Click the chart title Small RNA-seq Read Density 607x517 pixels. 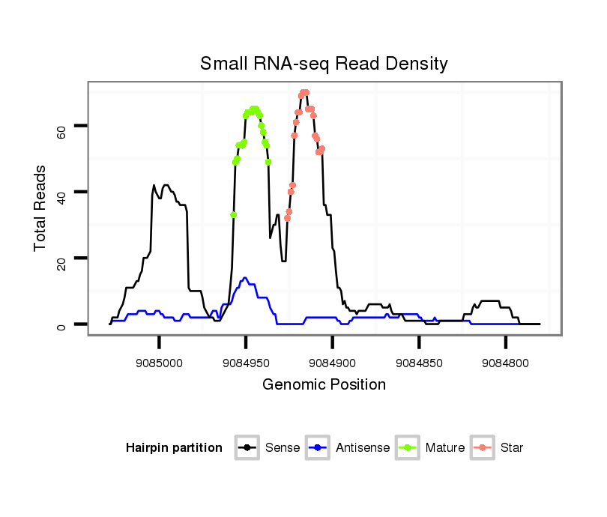point(324,64)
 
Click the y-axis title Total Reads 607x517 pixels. point(41,208)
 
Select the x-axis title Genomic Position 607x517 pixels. point(324,385)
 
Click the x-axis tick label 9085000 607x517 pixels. point(159,363)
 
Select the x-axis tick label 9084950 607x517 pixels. point(246,363)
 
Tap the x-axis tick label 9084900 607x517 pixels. point(332,363)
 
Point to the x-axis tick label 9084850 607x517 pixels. point(419,363)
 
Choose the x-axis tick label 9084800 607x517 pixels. point(505,363)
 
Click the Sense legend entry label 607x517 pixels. point(283,448)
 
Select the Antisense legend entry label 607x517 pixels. point(363,448)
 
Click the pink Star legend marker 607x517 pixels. point(484,448)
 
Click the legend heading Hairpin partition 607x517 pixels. point(174,448)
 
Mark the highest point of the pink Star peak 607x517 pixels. point(304,92)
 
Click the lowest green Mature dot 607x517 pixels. point(233,215)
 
